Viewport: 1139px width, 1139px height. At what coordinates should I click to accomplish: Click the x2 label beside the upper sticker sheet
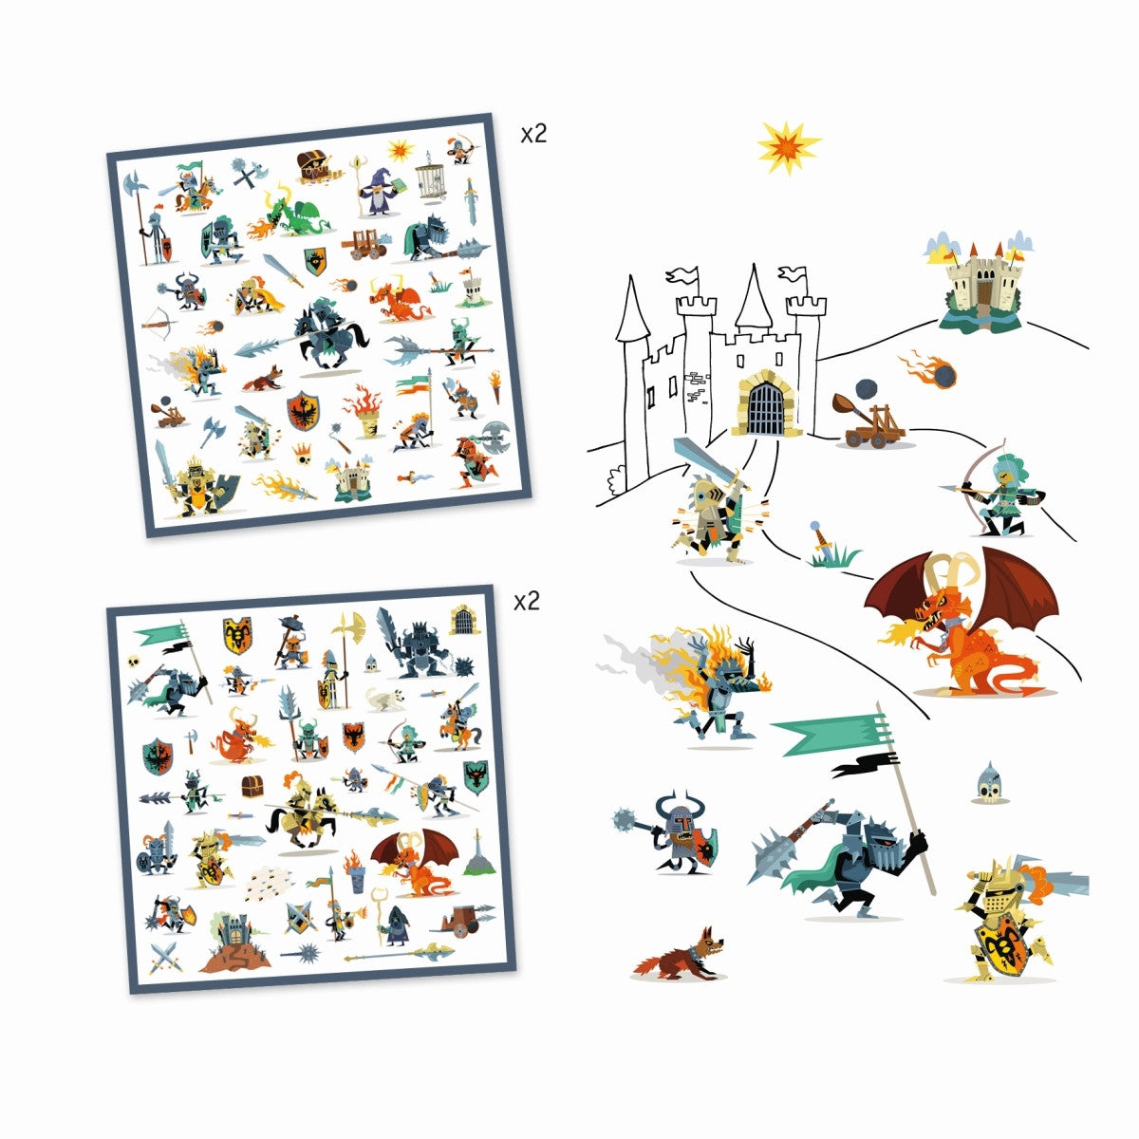(534, 134)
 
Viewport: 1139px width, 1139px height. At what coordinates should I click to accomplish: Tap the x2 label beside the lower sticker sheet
(526, 601)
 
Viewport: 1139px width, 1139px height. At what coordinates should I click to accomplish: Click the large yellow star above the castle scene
(788, 148)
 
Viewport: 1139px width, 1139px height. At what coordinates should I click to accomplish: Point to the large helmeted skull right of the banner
(988, 783)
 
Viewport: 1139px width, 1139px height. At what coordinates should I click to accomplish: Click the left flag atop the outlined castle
(682, 276)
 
